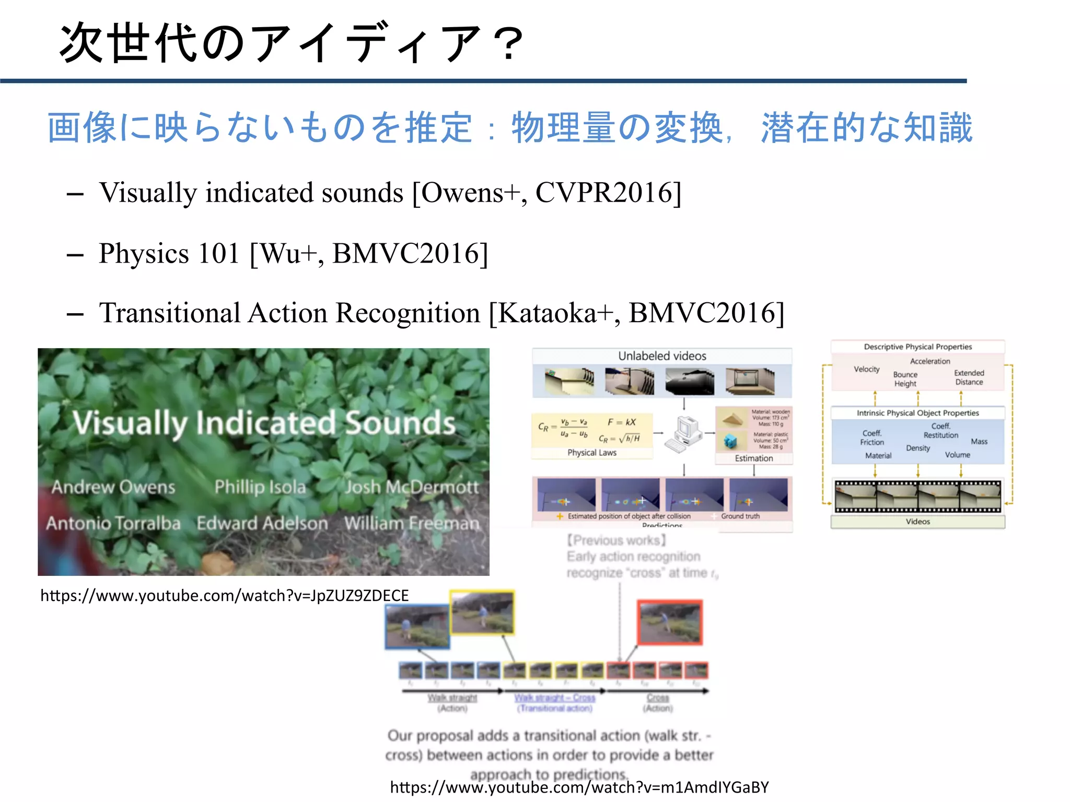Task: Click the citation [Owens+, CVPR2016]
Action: (546, 193)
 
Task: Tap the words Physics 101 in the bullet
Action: (169, 254)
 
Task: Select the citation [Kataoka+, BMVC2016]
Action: (636, 313)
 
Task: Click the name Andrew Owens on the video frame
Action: (113, 487)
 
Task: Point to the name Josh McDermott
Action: (412, 487)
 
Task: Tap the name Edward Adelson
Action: (262, 523)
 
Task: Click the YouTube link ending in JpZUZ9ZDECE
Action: (225, 595)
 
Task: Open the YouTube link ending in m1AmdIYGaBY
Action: (579, 787)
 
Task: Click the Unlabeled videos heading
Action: (662, 356)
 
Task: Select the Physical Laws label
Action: (592, 453)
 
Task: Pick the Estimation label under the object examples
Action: (753, 458)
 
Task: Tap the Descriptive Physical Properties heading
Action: (917, 347)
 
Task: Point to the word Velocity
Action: (867, 369)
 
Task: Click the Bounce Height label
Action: (905, 379)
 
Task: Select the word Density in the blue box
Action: (917, 448)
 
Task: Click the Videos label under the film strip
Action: (917, 522)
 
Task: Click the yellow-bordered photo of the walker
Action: (482, 612)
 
